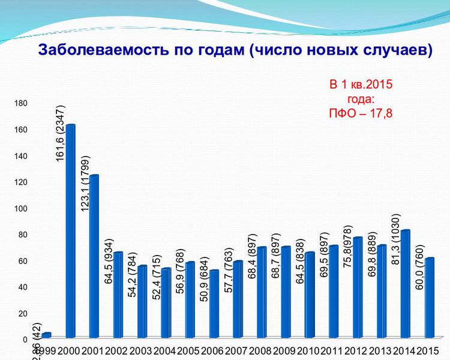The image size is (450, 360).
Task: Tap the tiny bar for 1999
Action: click(x=46, y=335)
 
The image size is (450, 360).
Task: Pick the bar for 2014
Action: click(x=405, y=284)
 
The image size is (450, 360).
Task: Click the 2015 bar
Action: click(x=429, y=298)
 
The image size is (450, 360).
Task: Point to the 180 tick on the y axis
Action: click(x=21, y=103)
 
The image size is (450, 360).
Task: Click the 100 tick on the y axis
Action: click(x=21, y=208)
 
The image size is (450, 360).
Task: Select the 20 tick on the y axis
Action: click(x=23, y=313)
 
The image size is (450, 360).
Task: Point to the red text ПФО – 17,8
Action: click(x=361, y=112)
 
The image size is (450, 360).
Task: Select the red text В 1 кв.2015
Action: click(x=361, y=85)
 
